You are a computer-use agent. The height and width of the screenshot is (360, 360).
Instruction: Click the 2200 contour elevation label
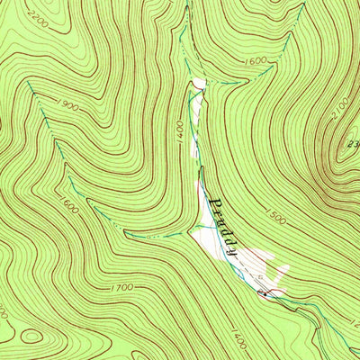[x=15, y=18]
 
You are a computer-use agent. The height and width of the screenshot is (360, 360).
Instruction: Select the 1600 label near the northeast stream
[x=256, y=60]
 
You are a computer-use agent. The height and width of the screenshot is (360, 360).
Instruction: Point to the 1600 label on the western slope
[x=70, y=210]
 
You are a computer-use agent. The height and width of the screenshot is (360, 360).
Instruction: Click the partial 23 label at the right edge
[x=352, y=142]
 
